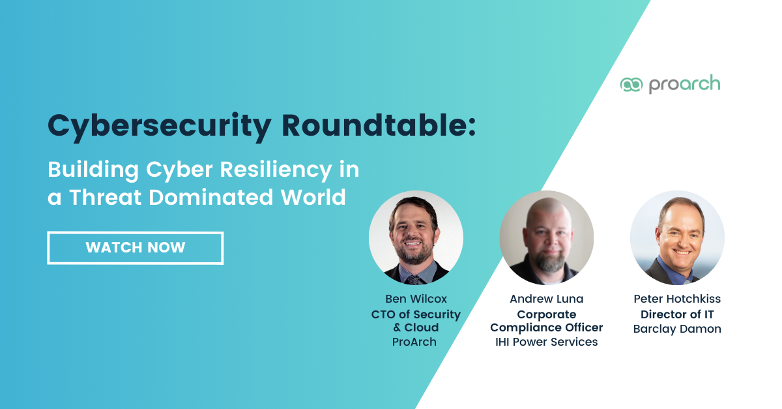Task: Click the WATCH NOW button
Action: (x=136, y=248)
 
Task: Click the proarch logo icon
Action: (x=631, y=85)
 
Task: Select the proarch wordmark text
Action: (x=684, y=85)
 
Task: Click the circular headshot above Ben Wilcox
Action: (x=416, y=237)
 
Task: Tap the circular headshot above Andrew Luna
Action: (x=546, y=237)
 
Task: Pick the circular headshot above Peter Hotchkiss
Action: (x=677, y=237)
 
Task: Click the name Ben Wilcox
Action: (x=416, y=299)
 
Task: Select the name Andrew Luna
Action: (x=546, y=299)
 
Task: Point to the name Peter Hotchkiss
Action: (x=677, y=299)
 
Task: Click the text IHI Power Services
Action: (x=546, y=342)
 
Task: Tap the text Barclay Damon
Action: (x=677, y=329)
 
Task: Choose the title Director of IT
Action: (x=677, y=314)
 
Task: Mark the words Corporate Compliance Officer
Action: (x=546, y=321)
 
